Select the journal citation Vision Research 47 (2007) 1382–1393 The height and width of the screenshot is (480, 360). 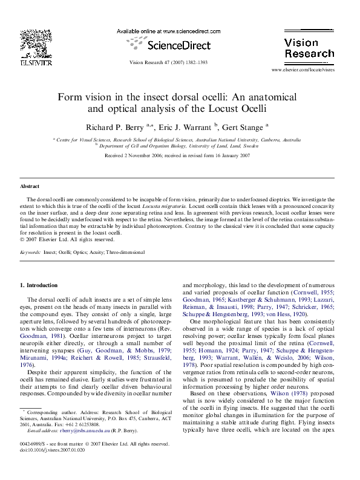tap(168, 63)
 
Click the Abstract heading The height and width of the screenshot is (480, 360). tap(30, 186)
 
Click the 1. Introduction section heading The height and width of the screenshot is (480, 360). tap(39, 285)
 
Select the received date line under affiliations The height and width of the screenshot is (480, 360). tap(177, 155)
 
